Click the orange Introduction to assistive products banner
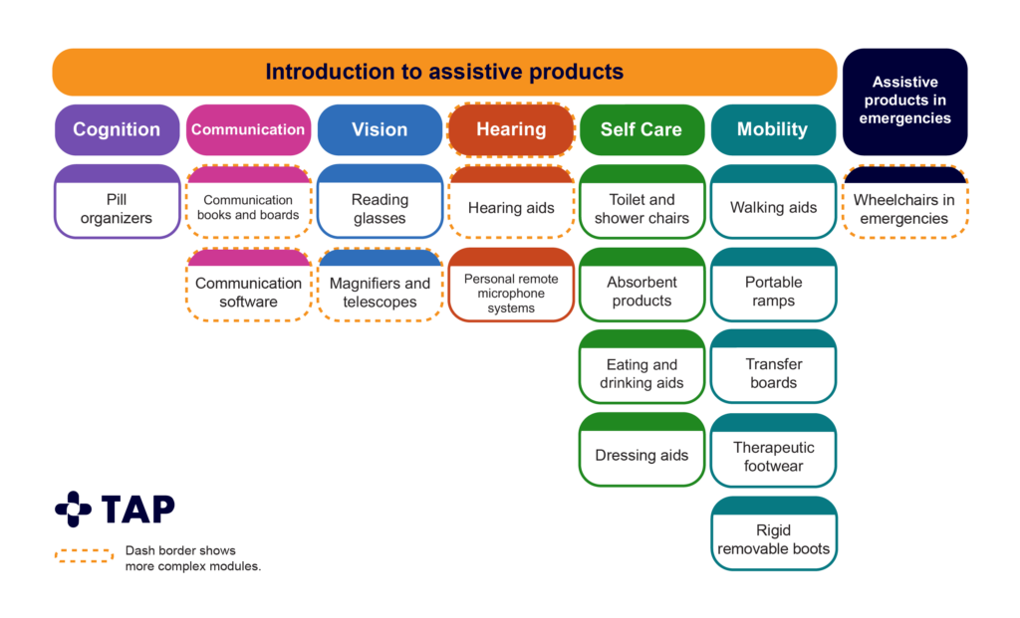point(444,73)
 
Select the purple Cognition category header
point(117,129)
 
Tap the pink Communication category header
point(248,129)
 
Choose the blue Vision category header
point(380,129)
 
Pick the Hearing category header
point(511,129)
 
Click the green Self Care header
point(641,129)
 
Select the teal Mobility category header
point(773,129)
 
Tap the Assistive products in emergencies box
point(905,101)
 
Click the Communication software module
point(248,291)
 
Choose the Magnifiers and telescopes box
point(380,291)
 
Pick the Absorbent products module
point(641,291)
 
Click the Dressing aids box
point(641,455)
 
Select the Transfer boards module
point(773,372)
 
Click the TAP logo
point(114,509)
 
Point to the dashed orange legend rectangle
point(84,555)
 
